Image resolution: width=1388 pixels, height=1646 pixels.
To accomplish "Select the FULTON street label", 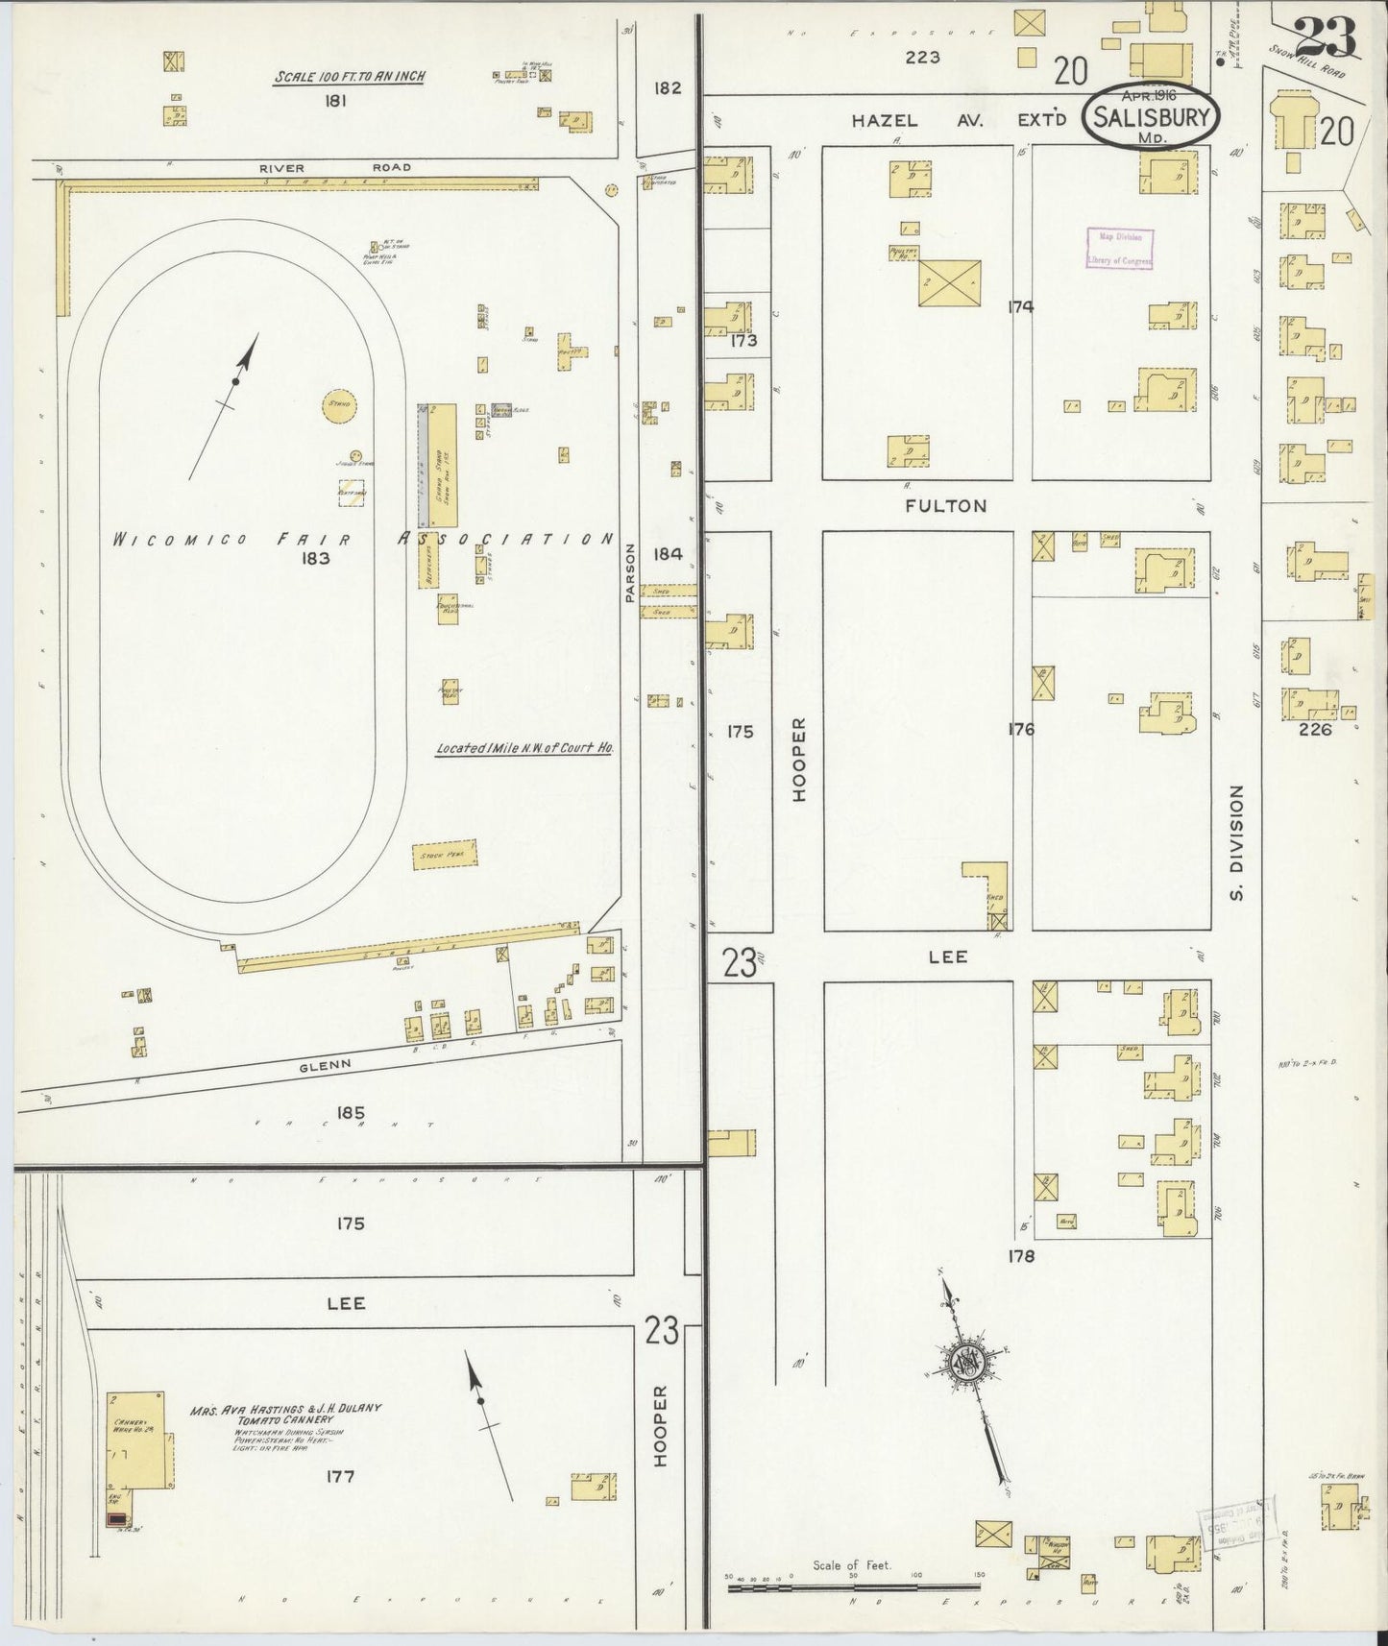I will point(946,505).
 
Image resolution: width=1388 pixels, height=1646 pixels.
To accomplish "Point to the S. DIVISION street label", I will point(1236,842).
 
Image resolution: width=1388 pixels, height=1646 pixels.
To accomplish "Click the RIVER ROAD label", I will point(335,168).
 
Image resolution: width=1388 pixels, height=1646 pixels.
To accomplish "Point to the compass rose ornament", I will point(964,1361).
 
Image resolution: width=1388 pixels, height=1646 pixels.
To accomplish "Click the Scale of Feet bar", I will point(853,1588).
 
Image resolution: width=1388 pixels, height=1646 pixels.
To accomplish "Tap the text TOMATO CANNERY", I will point(287,1419).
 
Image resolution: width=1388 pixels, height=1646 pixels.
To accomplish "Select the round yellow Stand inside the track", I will point(339,405).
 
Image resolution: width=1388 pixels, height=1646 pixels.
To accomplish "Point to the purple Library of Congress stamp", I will point(1119,249).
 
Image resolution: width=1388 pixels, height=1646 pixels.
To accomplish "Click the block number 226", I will point(1314,729).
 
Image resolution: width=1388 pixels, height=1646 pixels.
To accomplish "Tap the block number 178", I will point(1020,1255).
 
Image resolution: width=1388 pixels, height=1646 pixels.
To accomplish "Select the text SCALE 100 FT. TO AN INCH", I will point(350,77).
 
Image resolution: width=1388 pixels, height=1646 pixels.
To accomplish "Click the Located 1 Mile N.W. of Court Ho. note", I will point(524,747).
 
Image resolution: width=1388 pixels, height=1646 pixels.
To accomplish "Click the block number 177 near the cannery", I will point(341,1476).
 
